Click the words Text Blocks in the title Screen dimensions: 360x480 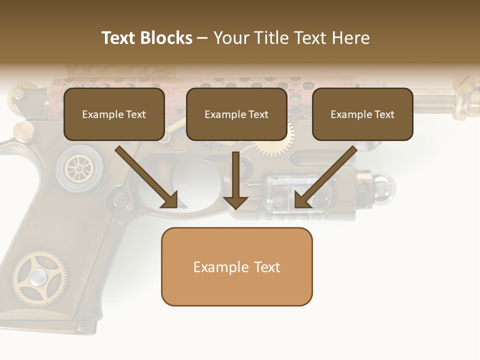(146, 38)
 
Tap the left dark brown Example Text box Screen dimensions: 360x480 (114, 114)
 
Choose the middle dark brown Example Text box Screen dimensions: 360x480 (236, 114)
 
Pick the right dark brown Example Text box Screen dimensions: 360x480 (362, 114)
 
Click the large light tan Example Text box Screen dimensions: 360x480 (236, 267)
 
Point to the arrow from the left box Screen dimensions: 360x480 (147, 178)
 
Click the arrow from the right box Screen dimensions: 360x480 (325, 178)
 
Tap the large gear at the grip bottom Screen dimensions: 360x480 (39, 278)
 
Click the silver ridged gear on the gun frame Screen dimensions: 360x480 (78, 169)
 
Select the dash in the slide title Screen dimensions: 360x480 (203, 38)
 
